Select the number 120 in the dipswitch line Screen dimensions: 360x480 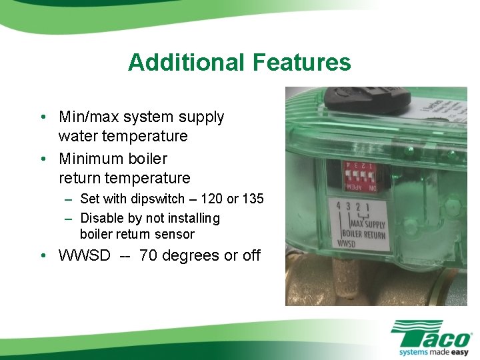click(217, 199)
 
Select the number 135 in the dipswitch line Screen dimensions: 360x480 click(253, 199)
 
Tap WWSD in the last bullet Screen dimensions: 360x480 click(85, 256)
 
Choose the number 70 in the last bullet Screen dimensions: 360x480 click(149, 256)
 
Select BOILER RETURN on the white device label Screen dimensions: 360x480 click(364, 234)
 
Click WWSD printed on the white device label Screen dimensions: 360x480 click(347, 244)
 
